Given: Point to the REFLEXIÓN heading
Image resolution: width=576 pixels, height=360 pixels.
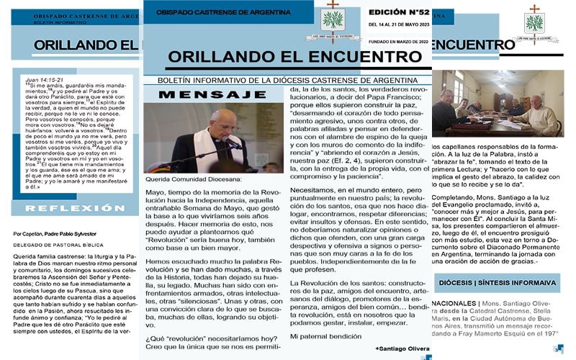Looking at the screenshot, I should click(x=69, y=207).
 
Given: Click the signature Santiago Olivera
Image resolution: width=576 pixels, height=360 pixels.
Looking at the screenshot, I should click(x=402, y=348).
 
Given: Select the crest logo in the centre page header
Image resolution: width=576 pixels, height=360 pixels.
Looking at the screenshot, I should click(x=333, y=19).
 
